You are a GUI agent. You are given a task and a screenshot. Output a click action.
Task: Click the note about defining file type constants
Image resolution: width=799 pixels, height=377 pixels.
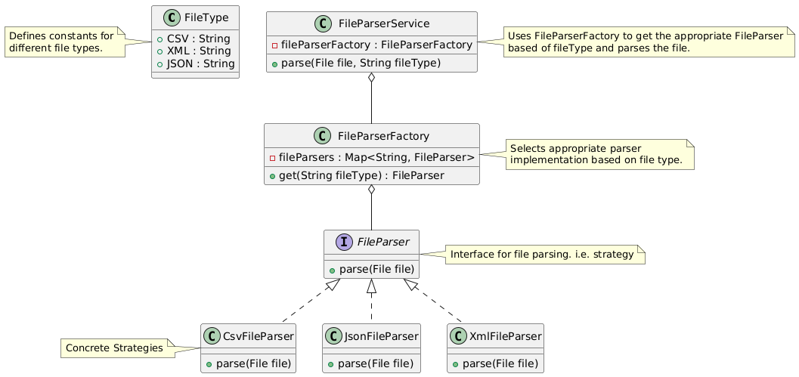(63, 42)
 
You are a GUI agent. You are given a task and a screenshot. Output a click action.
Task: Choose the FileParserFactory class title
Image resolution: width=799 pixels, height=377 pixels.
(385, 136)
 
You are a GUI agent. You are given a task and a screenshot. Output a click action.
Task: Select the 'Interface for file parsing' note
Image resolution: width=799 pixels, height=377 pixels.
(541, 255)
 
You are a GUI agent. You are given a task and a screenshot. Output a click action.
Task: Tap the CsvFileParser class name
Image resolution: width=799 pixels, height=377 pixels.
(258, 335)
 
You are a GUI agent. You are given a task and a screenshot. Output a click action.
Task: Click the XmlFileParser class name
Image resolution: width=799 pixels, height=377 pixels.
(503, 335)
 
